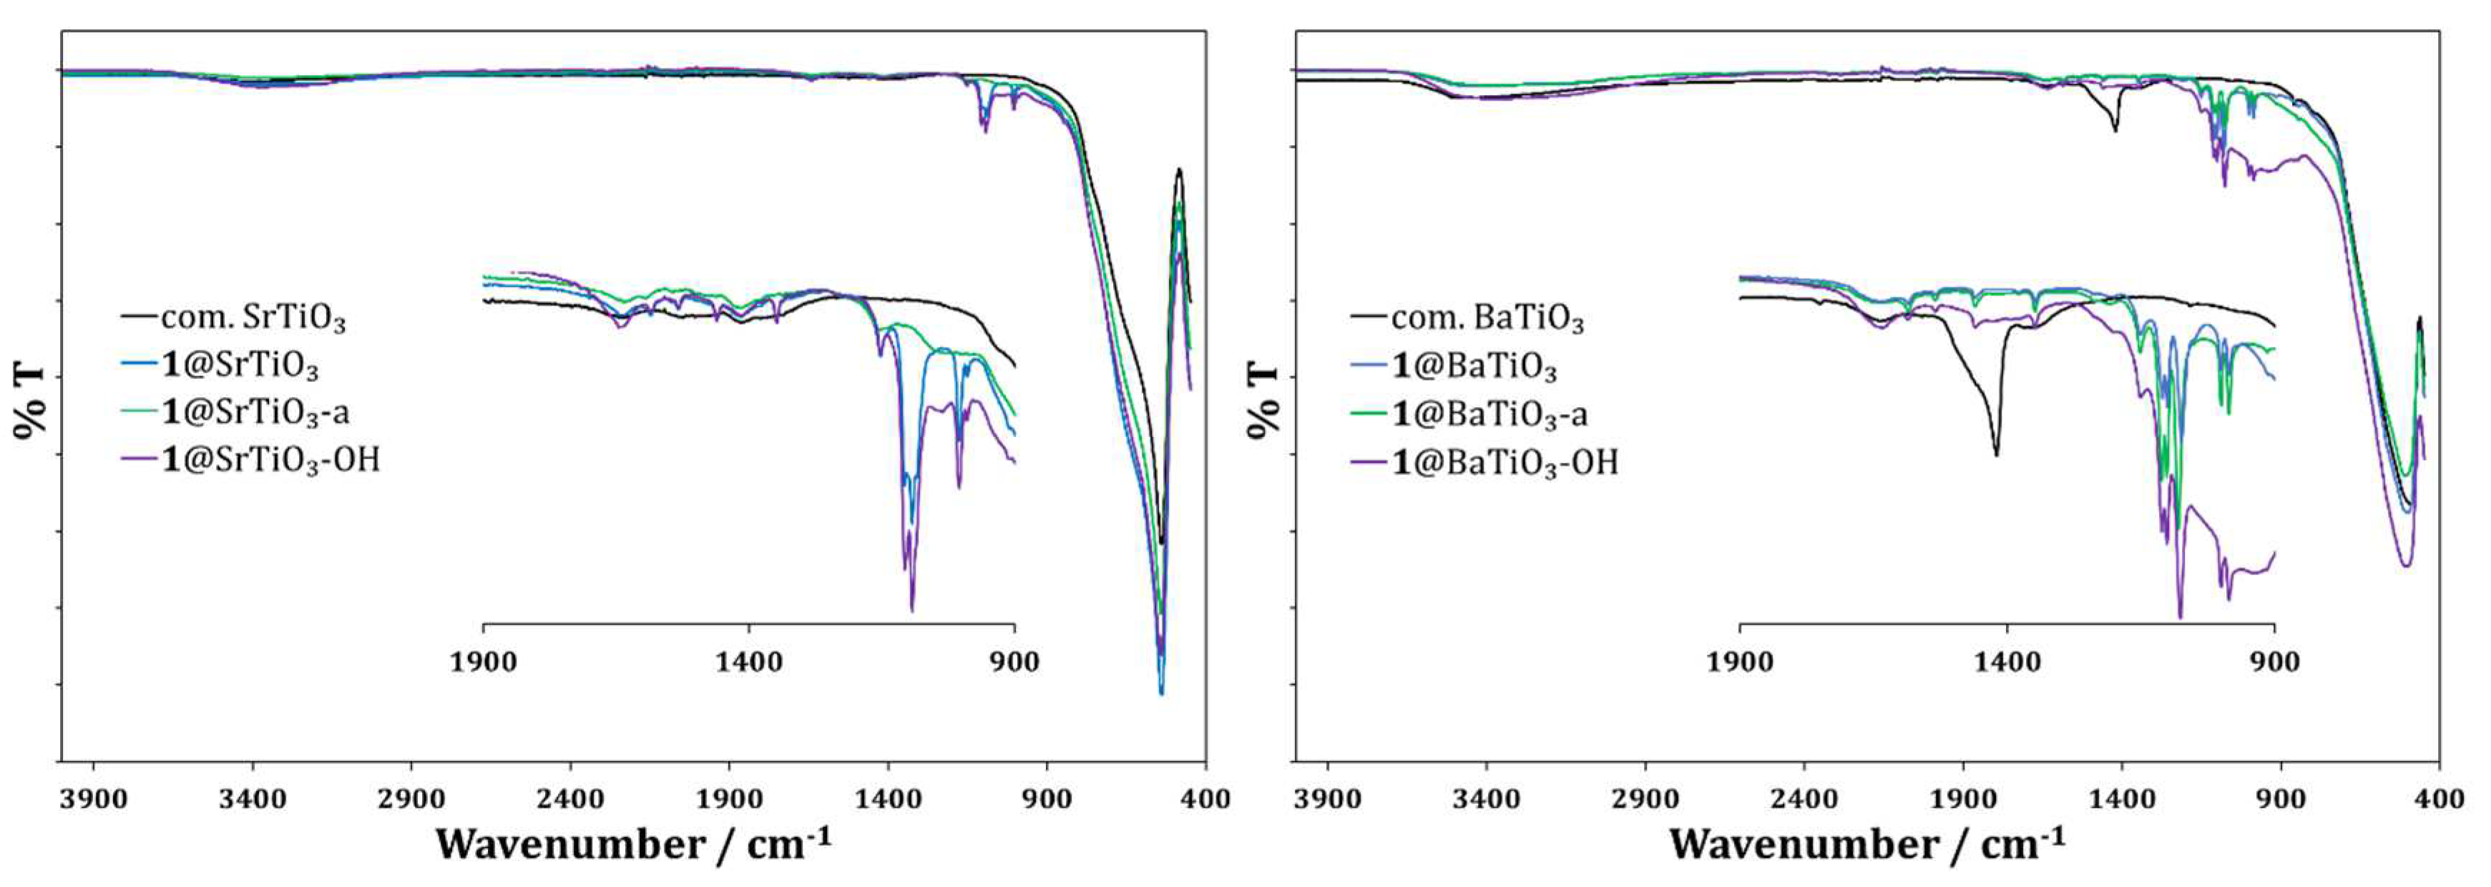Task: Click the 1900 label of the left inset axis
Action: (x=483, y=662)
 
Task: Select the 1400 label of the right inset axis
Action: (x=2007, y=662)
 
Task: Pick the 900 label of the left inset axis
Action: (x=1014, y=662)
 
